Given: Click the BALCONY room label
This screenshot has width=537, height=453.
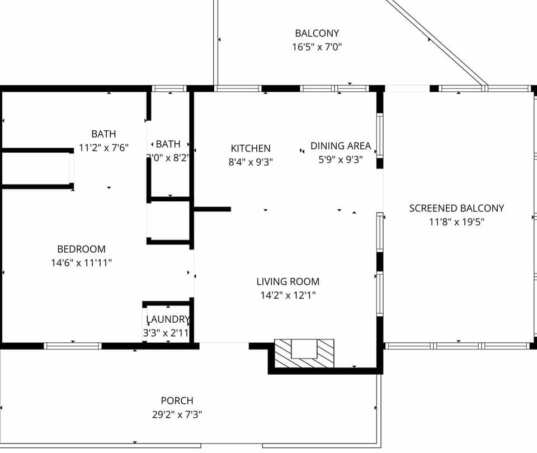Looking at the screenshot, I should [317, 34].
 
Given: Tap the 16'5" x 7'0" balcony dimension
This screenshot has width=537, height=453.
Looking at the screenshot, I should [317, 48].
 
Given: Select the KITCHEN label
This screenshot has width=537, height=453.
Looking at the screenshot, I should [251, 148].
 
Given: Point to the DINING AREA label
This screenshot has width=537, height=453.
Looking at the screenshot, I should [341, 146].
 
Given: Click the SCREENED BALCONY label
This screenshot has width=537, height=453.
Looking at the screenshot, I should [456, 208].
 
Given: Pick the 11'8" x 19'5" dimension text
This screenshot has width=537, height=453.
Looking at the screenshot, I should [456, 221].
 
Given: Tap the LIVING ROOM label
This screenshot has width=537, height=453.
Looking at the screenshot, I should [288, 282].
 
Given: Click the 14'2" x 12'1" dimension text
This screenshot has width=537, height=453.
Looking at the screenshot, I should [288, 295].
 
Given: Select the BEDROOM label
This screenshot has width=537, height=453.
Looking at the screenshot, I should [81, 249].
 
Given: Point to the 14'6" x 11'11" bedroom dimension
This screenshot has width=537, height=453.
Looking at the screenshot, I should [81, 263].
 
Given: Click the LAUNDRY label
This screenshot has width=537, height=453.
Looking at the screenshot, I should [168, 319].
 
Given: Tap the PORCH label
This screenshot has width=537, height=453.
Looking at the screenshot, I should [177, 401].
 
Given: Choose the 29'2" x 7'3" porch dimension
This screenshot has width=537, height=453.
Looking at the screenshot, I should [177, 415].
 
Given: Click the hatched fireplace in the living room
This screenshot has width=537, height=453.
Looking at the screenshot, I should [304, 354].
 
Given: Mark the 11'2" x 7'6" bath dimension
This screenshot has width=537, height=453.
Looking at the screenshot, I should [104, 148].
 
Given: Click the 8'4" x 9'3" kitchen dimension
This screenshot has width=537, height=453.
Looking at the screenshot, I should [251, 162].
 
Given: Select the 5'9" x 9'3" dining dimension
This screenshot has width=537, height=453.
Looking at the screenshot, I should [341, 159].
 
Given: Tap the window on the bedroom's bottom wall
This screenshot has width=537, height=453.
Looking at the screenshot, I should [73, 346].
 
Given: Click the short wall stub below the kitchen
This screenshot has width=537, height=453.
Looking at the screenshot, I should [213, 209].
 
